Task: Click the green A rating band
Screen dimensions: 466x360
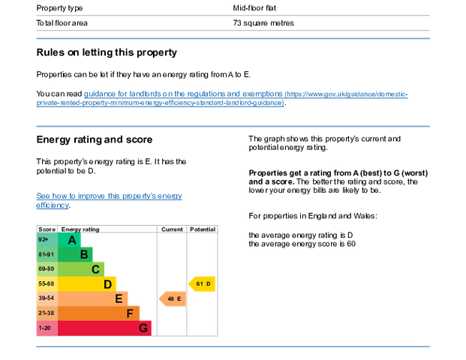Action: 69,240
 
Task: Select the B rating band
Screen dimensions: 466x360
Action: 75,254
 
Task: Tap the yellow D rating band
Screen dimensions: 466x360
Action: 87,284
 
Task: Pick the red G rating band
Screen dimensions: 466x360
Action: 104,328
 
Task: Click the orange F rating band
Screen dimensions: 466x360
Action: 98,313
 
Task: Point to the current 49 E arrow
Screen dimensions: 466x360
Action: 173,298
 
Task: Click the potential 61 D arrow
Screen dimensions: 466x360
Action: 202,284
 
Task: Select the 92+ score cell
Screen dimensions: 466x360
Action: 47,240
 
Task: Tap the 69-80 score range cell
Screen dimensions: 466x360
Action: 47,269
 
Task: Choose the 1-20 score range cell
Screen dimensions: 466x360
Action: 47,328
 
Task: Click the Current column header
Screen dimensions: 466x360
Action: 172,229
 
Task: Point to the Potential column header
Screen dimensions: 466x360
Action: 203,229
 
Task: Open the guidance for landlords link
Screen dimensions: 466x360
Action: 222,98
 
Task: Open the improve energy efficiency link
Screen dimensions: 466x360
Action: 109,200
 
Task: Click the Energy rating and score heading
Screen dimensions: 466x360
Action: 95,139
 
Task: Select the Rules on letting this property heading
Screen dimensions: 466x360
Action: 107,52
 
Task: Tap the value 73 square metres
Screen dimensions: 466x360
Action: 263,23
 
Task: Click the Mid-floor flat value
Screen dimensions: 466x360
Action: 254,8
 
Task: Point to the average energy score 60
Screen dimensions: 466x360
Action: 302,244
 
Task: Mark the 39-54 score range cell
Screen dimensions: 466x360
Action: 47,298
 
